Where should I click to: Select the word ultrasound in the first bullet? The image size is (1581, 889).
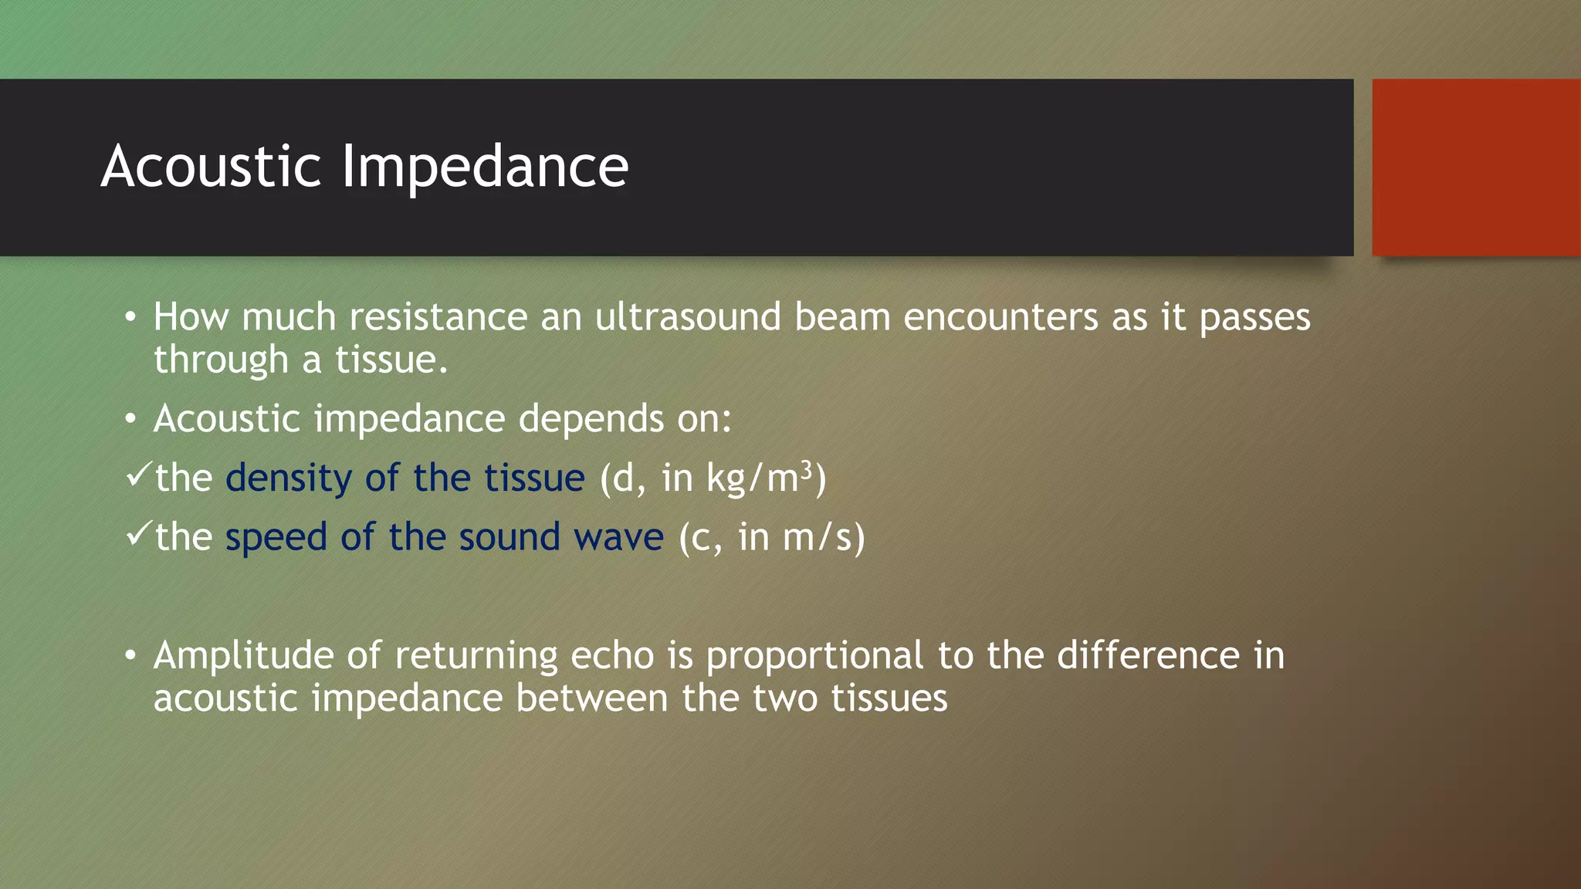[688, 317]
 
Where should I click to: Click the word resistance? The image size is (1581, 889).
[438, 317]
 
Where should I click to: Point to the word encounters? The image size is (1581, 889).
[1000, 317]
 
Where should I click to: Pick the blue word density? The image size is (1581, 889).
[289, 478]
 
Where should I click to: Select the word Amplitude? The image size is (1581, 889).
[243, 657]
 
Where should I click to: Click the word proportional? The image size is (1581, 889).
[814, 657]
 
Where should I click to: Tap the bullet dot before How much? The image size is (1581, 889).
[130, 316]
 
